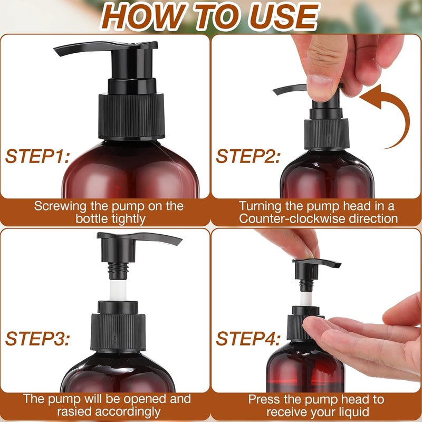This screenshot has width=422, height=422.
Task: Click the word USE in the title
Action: point(280,17)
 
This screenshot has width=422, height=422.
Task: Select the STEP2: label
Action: point(247,156)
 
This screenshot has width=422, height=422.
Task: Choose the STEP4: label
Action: point(247,339)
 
